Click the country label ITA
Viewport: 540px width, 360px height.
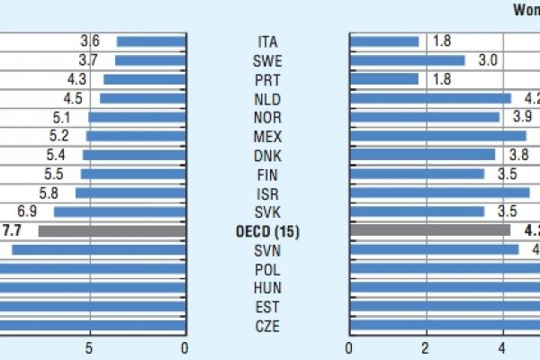[x=267, y=42]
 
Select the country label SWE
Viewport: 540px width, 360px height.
[x=267, y=61]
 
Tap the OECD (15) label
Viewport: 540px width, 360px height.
[x=267, y=231]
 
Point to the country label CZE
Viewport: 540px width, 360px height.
[x=267, y=326]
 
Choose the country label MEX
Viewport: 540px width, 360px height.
[x=267, y=137]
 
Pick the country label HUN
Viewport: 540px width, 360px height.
[x=267, y=288]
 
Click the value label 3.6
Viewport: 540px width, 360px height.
[x=90, y=41]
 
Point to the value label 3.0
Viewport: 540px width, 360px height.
[x=487, y=60]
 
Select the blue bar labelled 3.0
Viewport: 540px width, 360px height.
[x=407, y=60]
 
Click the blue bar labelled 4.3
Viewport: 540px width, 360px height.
[x=144, y=79]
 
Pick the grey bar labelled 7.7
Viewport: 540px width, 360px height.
[x=112, y=231]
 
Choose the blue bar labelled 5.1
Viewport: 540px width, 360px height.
[x=137, y=117]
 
